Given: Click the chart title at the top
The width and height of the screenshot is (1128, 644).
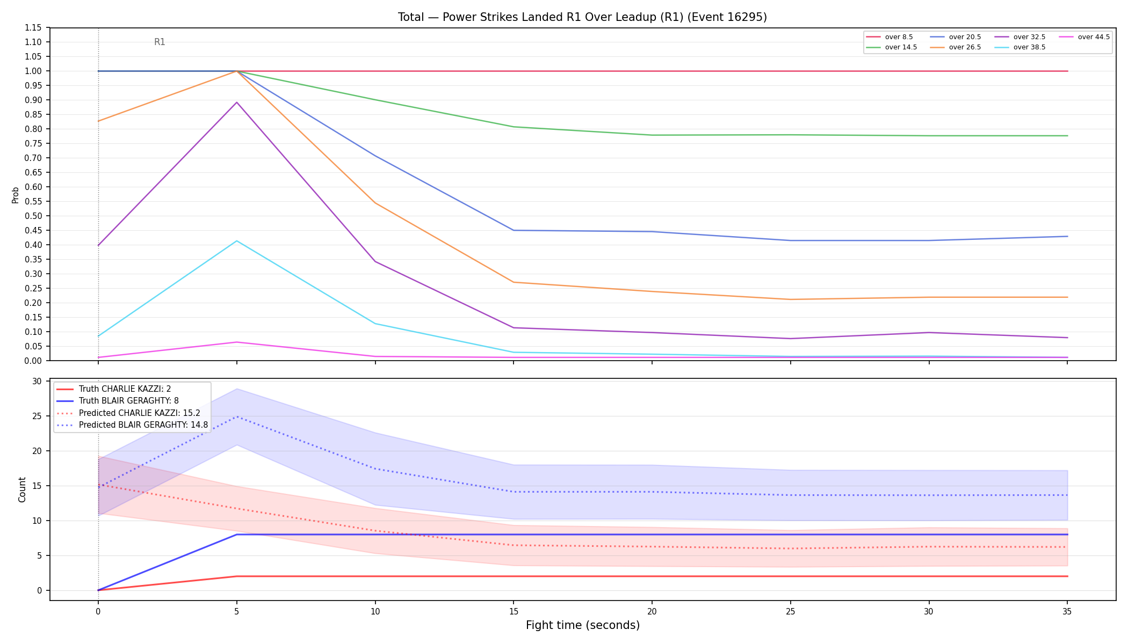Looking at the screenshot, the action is (582, 17).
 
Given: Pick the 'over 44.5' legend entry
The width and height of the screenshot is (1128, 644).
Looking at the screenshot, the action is (1083, 37).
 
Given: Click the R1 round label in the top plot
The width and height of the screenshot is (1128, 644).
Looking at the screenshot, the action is (160, 42).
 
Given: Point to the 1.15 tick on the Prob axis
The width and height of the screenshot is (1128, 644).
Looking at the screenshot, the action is (33, 28).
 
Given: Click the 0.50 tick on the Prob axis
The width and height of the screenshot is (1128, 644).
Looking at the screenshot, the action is (33, 216).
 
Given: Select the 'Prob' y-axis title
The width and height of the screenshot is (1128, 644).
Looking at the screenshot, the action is (15, 195).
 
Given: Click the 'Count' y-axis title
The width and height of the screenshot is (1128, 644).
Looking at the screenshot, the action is (22, 489).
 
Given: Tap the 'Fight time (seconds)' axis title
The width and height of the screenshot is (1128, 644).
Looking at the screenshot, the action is (583, 625).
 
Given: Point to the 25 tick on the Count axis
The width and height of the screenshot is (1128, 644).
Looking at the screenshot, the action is (37, 416).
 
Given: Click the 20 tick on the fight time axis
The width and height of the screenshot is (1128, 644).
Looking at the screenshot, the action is (652, 611).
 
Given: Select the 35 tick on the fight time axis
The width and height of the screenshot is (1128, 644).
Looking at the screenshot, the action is (1067, 611).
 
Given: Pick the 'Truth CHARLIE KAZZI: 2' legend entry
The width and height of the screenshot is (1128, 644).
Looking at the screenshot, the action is (114, 389).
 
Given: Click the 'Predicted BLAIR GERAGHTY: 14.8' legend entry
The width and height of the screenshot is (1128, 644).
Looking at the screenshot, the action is (132, 425).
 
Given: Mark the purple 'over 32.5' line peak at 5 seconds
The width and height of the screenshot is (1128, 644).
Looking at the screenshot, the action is (237, 103).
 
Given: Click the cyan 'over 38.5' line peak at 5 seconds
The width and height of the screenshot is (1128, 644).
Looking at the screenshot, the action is (237, 241).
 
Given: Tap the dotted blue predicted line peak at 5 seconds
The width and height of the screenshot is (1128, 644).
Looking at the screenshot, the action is (237, 417).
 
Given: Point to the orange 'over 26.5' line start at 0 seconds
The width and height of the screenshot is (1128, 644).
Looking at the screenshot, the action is (98, 121).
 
